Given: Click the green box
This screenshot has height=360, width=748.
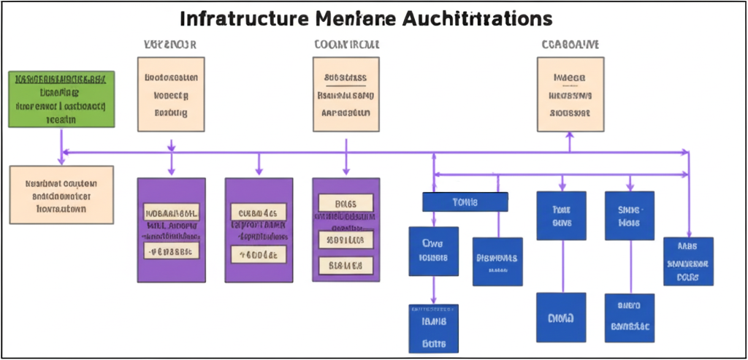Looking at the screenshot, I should coord(61,100).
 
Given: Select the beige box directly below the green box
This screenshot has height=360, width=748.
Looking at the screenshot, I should coord(61,195).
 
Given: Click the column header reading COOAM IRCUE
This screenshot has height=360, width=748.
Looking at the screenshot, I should coord(346,45).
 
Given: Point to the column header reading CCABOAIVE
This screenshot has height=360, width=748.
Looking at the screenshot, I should coord(570,45).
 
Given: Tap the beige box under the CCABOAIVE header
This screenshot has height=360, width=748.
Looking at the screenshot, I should coord(570,95).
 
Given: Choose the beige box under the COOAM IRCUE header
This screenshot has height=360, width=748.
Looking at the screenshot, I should coord(346,95).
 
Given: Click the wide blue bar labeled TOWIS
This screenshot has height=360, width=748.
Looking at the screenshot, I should coord(465,202).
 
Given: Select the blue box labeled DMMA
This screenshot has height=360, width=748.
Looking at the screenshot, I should coord(561,318).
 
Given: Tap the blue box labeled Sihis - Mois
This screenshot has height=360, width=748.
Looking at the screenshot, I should coord(629,215).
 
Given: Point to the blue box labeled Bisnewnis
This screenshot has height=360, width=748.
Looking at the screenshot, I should coord(497,261).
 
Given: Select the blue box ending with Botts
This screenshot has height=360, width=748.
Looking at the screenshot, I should coord(433,329).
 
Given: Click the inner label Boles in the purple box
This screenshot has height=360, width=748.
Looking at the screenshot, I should coord(346,203).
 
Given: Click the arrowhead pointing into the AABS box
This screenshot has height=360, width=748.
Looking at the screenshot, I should coord(688,232).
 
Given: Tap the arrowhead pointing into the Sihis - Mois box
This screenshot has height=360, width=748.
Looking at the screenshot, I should coord(629,187).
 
